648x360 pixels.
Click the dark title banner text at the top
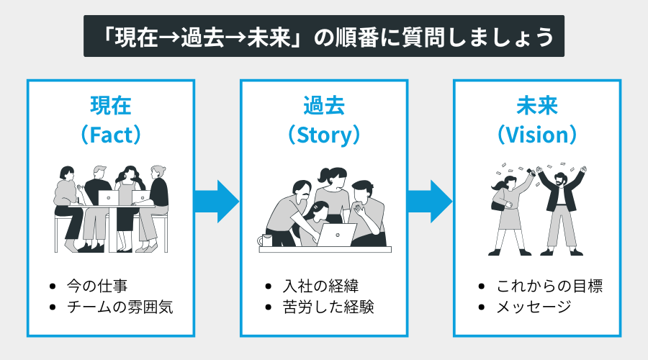pyautogui.click(x=324, y=36)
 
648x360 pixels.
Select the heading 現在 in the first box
pyautogui.click(x=110, y=106)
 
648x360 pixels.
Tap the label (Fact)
pyautogui.click(x=110, y=134)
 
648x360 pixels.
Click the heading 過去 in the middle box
pyautogui.click(x=323, y=106)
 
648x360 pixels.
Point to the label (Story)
pyautogui.click(x=323, y=134)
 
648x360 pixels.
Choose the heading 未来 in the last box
pyautogui.click(x=537, y=106)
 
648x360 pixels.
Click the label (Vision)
pyautogui.click(x=537, y=134)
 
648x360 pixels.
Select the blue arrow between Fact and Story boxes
pyautogui.click(x=217, y=201)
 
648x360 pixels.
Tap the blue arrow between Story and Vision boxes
pyautogui.click(x=430, y=201)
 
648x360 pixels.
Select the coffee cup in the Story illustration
pyautogui.click(x=267, y=239)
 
